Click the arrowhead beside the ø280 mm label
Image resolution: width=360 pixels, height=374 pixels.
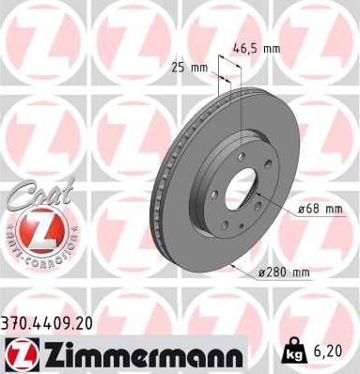pyautogui.click(x=231, y=268)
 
